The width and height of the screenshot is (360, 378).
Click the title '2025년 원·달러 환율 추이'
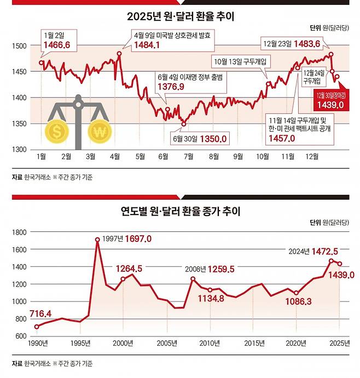pos(180,17)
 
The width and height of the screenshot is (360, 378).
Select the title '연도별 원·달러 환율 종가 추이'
pos(180,211)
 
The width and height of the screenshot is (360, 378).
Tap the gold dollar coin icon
pos(56,132)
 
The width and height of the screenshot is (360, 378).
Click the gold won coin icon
pos(100,132)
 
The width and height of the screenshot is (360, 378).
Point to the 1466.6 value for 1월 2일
pos(56,44)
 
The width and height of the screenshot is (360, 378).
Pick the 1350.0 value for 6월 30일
pos(213,140)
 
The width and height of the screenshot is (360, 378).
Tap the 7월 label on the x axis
pos(188,157)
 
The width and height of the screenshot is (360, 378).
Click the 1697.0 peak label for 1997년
pos(138,239)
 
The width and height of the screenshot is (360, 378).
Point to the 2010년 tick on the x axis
pos(210,343)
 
